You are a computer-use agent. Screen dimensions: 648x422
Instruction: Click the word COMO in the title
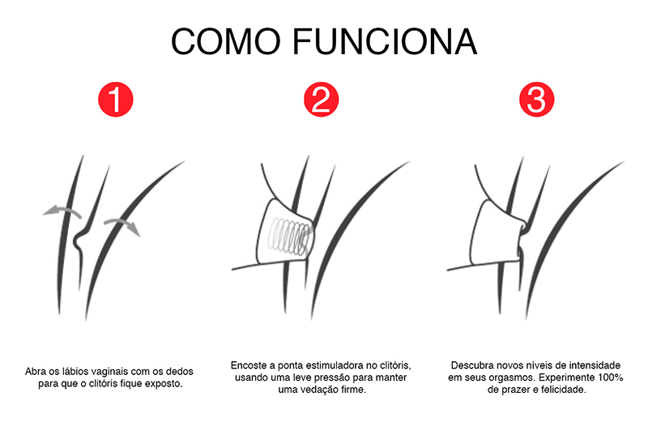pos(226,41)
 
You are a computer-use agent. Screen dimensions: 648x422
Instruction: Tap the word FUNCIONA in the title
pos(386,41)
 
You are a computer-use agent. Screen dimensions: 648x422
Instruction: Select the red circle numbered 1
pos(116,100)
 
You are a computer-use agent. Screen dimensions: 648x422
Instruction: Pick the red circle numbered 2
pos(321,100)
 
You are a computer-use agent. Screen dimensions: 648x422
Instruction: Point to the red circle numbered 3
pos(536,100)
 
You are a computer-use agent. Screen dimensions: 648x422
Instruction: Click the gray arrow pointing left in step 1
pos(62,210)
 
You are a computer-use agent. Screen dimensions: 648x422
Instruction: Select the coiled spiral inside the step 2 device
pos(289,237)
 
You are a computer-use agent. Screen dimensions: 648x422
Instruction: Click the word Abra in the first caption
pos(35,371)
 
